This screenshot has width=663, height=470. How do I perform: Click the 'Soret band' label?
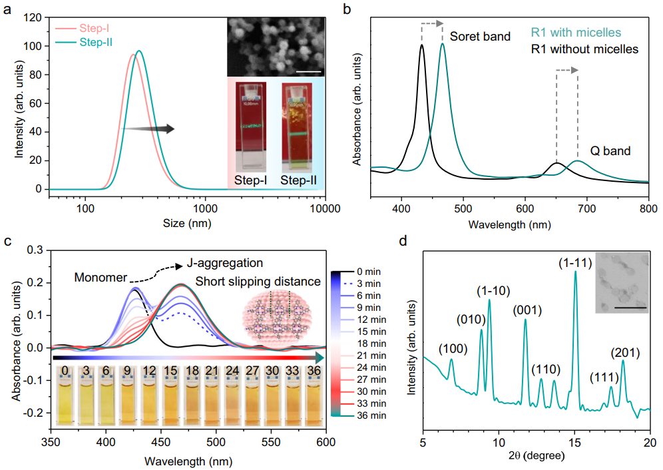click(x=480, y=37)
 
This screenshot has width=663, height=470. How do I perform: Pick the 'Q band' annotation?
click(x=612, y=152)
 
